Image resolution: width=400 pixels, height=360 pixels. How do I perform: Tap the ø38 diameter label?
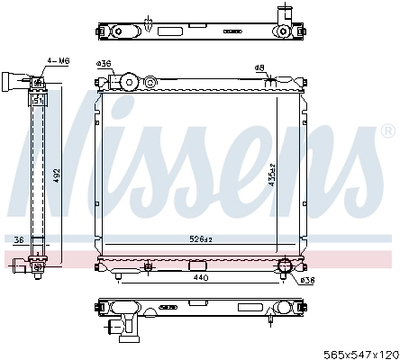[x=306, y=280]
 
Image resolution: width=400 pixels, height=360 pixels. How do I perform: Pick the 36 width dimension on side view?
[x=18, y=238]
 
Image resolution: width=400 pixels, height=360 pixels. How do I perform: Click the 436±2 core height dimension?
[x=270, y=171]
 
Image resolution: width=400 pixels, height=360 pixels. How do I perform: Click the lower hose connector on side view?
[x=37, y=264]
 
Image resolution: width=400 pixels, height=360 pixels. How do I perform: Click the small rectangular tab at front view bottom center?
[x=195, y=265]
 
